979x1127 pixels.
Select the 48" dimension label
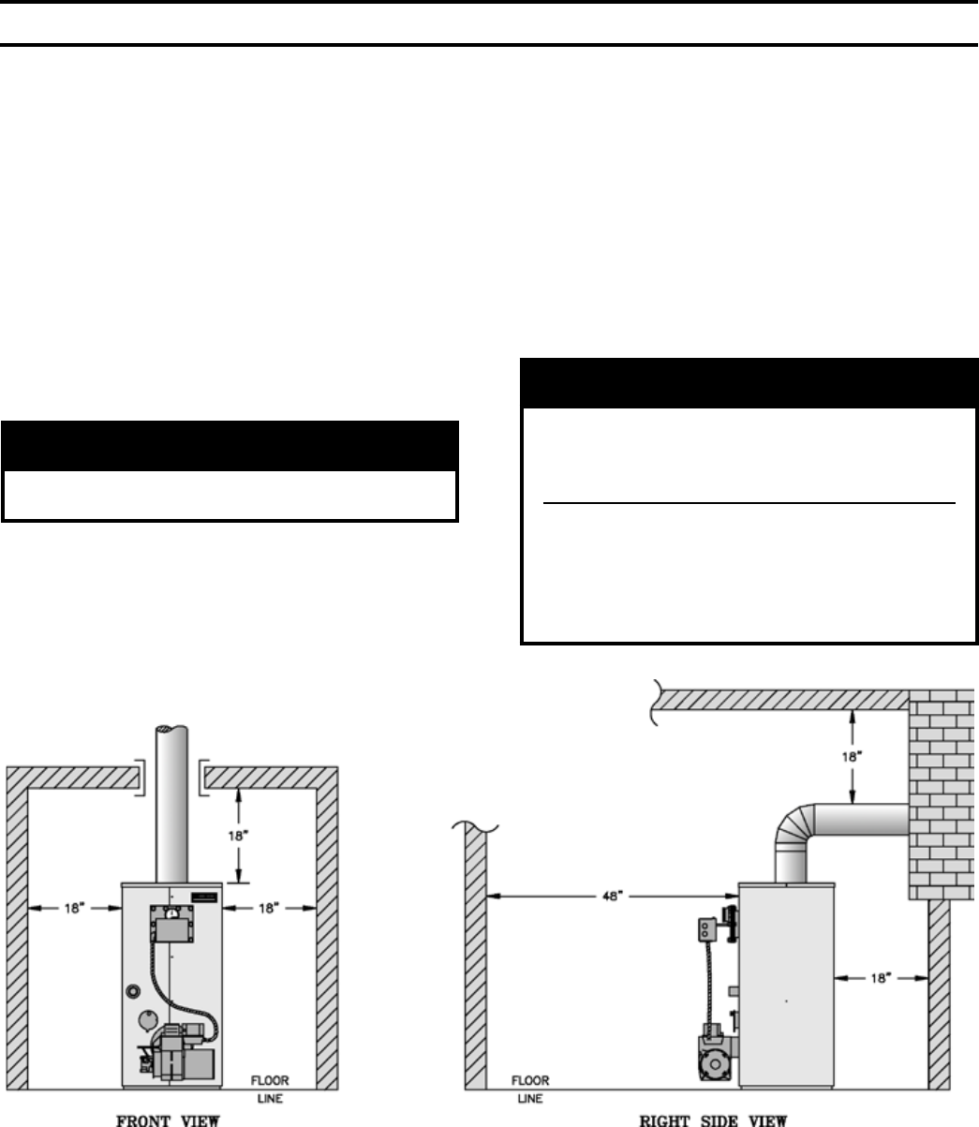coord(611,897)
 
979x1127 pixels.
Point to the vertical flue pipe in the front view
coord(173,796)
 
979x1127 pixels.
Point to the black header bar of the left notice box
coord(230,446)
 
